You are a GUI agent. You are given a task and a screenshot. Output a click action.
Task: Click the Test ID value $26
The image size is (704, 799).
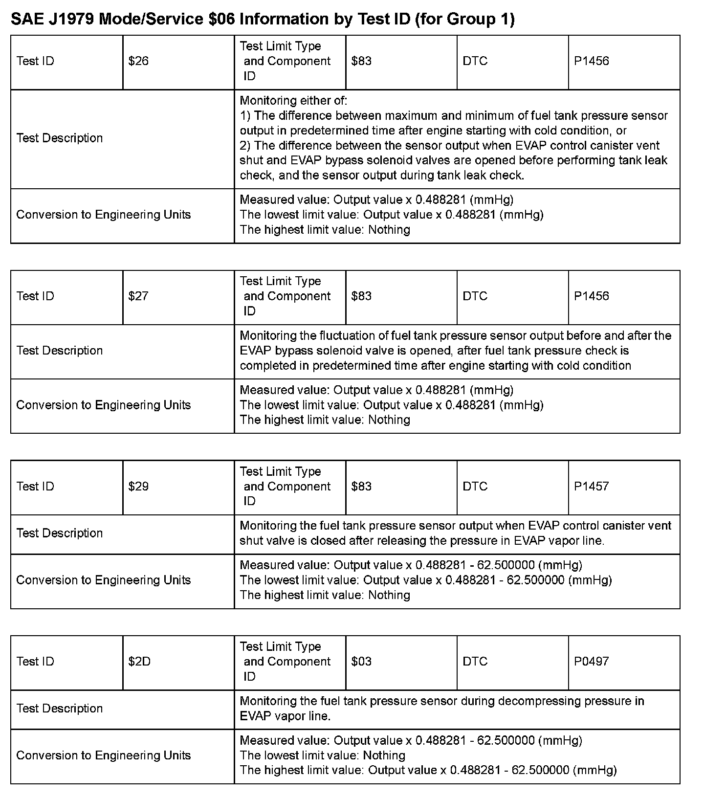[x=138, y=61]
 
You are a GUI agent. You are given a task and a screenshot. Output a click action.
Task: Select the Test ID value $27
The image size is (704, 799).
[x=138, y=296]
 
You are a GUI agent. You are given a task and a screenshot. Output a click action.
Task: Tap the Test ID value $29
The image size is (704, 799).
[x=138, y=487]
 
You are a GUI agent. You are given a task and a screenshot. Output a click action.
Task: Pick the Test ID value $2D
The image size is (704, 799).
[x=139, y=662]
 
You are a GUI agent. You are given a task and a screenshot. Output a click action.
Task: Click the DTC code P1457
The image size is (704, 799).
[x=591, y=487]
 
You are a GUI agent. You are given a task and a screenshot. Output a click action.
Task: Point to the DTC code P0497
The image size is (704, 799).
[x=591, y=662]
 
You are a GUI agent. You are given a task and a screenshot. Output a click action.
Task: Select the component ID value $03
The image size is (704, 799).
[x=361, y=662]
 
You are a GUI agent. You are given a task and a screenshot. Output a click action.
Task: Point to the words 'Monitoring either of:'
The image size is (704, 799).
[x=293, y=101]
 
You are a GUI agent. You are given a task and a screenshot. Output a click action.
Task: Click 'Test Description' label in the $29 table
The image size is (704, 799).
[x=60, y=533]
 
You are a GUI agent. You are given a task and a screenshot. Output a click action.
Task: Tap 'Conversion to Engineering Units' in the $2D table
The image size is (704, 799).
[x=103, y=755]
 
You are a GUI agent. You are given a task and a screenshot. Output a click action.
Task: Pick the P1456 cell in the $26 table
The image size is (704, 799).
[x=591, y=61]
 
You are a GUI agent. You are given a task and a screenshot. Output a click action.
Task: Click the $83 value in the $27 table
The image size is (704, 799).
[x=361, y=296]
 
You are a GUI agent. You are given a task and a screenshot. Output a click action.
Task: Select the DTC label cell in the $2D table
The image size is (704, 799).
[x=475, y=662]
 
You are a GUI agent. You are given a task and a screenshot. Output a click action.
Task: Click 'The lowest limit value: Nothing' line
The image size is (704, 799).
[x=323, y=755]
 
